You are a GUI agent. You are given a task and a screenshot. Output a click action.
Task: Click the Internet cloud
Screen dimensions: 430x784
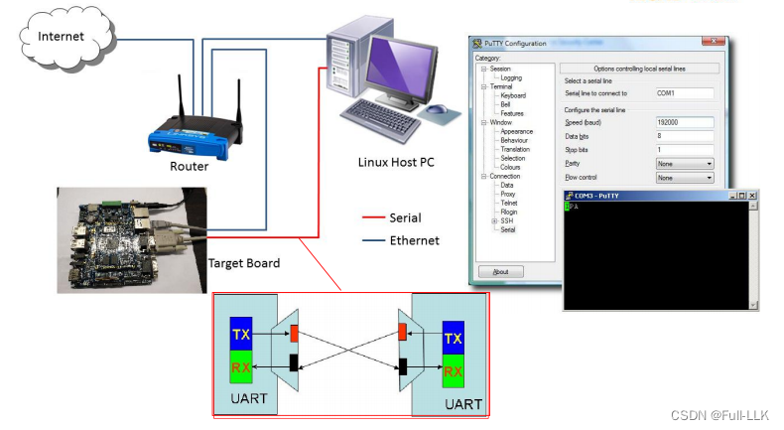[61, 37]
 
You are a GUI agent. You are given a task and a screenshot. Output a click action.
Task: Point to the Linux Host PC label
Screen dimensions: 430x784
[396, 162]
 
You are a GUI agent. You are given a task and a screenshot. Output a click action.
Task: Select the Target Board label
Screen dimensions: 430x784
[244, 263]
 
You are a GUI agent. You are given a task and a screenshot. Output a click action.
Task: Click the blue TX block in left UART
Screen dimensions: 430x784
[241, 335]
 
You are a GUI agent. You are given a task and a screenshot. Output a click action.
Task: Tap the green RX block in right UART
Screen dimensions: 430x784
[454, 373]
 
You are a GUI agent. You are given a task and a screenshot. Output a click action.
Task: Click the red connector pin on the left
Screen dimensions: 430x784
[294, 333]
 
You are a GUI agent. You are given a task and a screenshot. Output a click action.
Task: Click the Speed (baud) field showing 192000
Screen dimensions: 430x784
[685, 121]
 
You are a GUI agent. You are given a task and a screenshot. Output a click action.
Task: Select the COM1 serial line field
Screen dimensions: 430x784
[685, 92]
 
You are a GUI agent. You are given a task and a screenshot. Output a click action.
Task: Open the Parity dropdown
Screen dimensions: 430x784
[685, 163]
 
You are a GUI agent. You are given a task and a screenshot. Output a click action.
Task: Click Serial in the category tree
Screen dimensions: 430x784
[507, 229]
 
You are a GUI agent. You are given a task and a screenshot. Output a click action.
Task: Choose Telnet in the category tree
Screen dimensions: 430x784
[508, 203]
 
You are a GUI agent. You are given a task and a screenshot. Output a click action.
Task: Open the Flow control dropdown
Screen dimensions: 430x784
[685, 177]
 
